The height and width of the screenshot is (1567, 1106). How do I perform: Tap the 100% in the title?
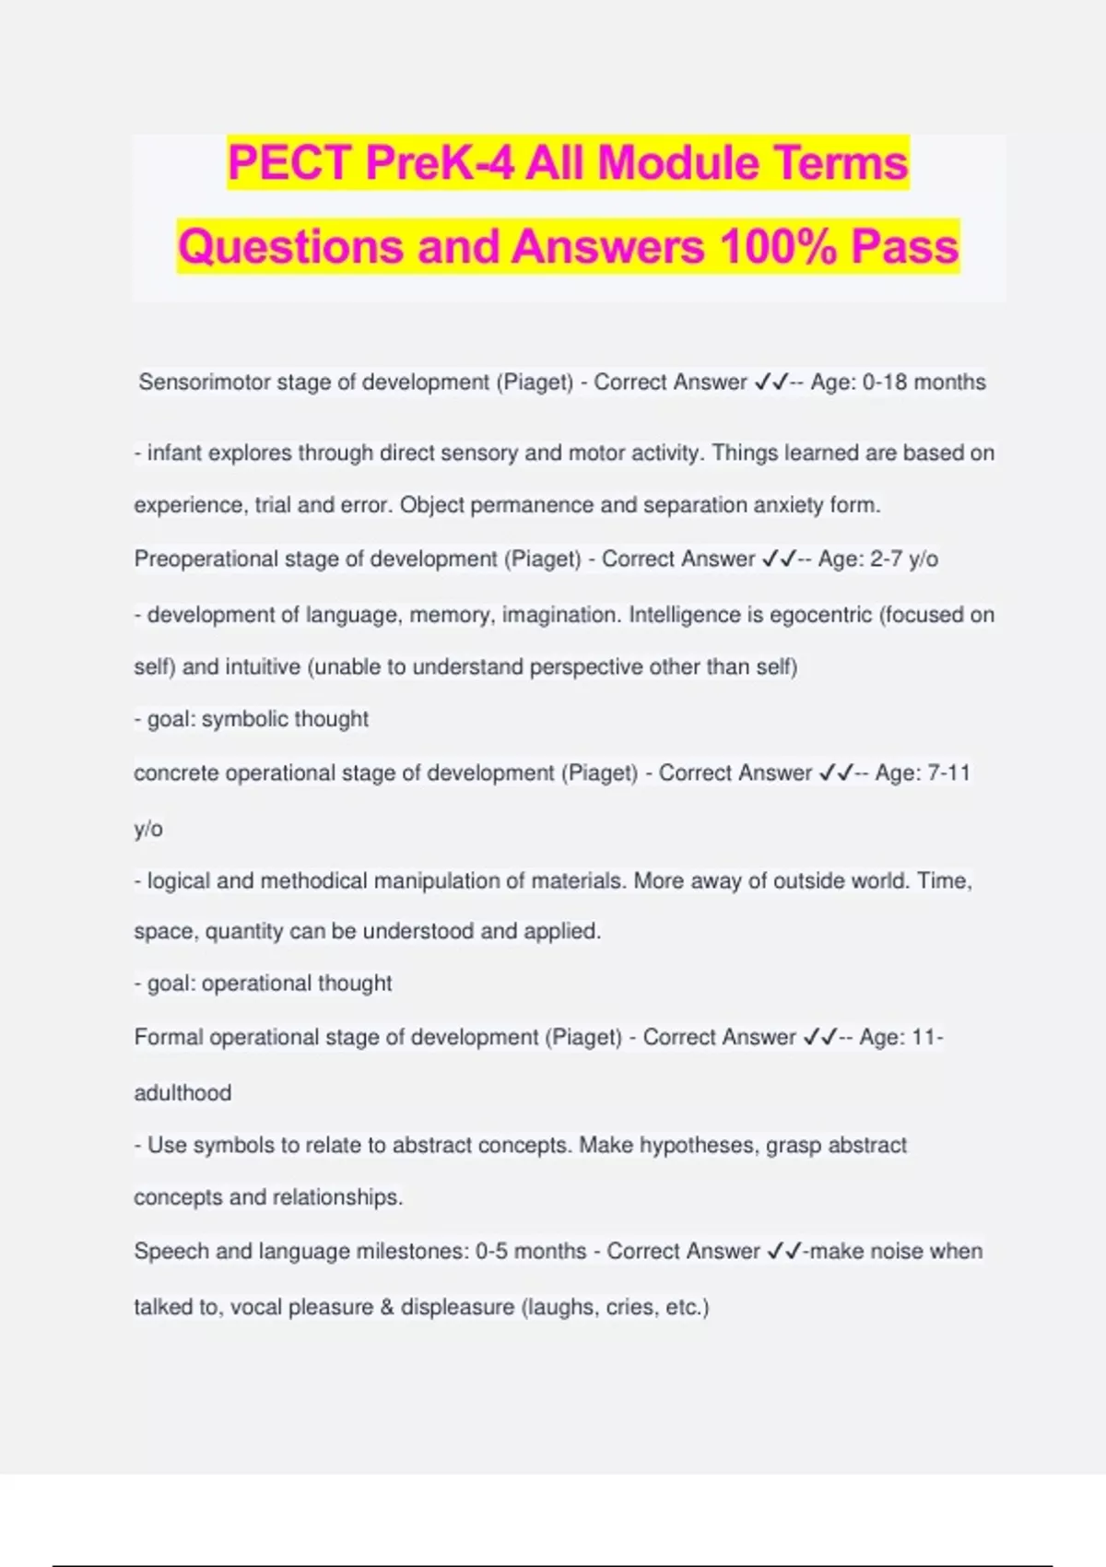point(777,247)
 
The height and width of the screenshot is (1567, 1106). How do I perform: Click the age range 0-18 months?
point(924,383)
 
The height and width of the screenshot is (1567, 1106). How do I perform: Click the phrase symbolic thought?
point(285,719)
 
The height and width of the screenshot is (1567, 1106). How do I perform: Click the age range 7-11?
point(948,773)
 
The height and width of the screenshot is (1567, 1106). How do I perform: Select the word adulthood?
point(182,1093)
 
